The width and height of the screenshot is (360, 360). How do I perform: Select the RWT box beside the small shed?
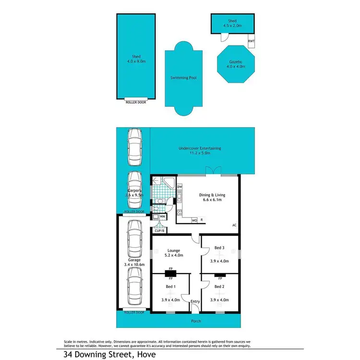(x=251, y=41)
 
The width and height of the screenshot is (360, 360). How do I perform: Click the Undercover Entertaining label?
(x=200, y=149)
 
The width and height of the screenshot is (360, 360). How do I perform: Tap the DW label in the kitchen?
(x=180, y=187)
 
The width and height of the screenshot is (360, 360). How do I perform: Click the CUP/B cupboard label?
(x=159, y=230)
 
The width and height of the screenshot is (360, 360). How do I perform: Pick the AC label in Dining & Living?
(x=234, y=225)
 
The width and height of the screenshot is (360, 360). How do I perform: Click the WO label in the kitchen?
(x=194, y=220)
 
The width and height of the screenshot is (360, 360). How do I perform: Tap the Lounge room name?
(x=173, y=250)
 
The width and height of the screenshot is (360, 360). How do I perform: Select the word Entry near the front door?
(x=195, y=301)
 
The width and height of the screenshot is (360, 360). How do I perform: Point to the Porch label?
(x=195, y=321)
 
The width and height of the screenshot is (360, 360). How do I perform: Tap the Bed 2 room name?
(x=219, y=287)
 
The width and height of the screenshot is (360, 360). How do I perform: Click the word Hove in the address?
(x=146, y=355)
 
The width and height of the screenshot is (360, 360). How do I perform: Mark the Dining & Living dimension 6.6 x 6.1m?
(x=212, y=199)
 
